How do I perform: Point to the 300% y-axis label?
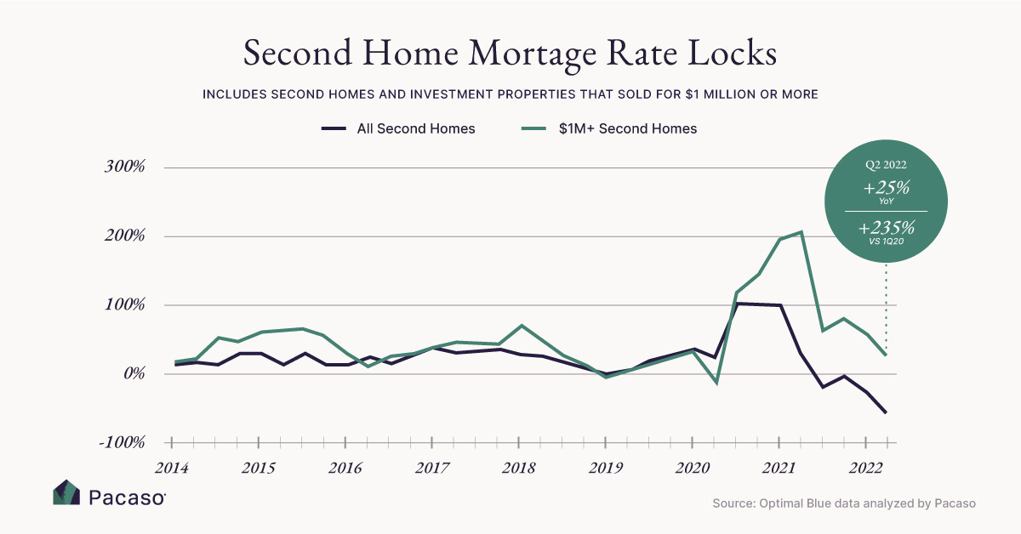tap(125, 168)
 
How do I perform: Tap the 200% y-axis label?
tap(125, 236)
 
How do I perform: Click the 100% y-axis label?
tap(125, 305)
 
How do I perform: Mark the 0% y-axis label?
tap(133, 374)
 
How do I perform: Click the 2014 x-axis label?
tap(172, 468)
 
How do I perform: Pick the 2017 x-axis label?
tap(432, 468)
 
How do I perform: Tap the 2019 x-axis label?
tap(606, 468)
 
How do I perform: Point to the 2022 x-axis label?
tap(865, 468)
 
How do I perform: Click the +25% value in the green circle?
tap(886, 188)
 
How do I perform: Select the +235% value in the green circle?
tap(886, 228)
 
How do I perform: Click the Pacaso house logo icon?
tap(66, 493)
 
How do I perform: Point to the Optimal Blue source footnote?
tap(843, 503)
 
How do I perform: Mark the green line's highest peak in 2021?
tap(801, 231)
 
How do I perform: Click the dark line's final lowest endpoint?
tap(887, 413)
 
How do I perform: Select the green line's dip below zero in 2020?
tap(716, 383)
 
